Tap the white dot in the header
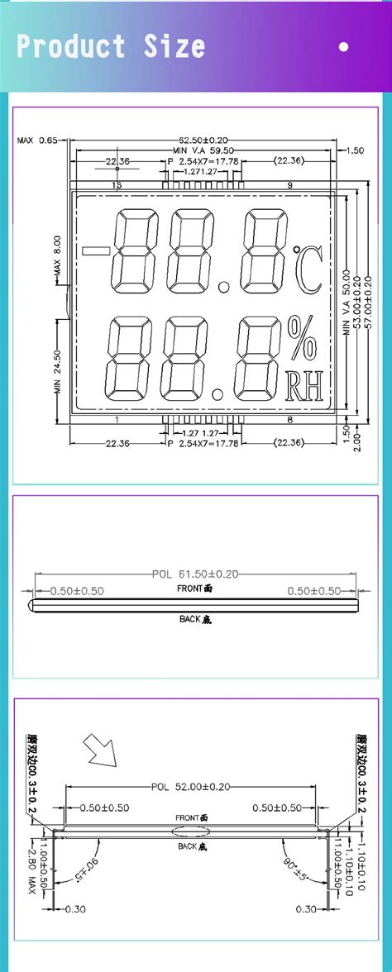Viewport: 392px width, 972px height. (x=344, y=47)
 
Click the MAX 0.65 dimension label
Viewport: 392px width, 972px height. (x=37, y=141)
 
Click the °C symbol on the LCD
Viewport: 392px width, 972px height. (x=305, y=266)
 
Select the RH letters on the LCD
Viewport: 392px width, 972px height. (x=302, y=385)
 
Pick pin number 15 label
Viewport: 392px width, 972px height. (x=116, y=185)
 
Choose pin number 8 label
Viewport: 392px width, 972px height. (x=289, y=420)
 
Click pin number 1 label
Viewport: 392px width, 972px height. (x=117, y=420)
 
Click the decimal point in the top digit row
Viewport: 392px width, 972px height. (x=224, y=290)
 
